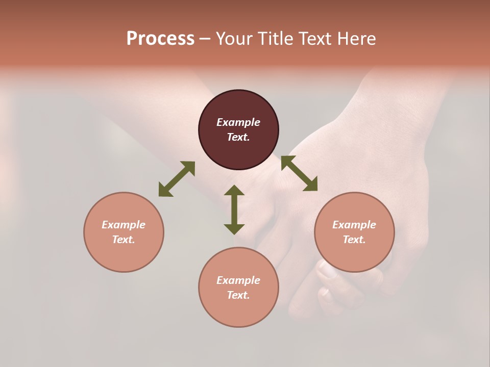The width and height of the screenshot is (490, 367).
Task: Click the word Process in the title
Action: point(160,39)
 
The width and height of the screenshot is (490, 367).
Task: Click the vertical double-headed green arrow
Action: point(234,209)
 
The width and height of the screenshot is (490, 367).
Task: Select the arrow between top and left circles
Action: point(177,179)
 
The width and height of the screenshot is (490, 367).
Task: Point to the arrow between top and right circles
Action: point(299,173)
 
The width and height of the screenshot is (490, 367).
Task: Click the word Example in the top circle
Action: point(238,122)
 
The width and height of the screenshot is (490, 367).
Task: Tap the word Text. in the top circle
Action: point(238,137)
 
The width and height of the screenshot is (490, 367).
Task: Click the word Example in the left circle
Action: point(124,225)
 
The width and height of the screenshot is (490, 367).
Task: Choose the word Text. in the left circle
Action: point(124,240)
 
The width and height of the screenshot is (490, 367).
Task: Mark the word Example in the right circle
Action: point(354,225)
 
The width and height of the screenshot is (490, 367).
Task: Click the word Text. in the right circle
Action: point(354,240)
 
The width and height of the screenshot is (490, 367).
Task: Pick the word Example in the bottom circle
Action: point(238,280)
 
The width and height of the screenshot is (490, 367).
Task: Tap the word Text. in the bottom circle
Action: point(238,295)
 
